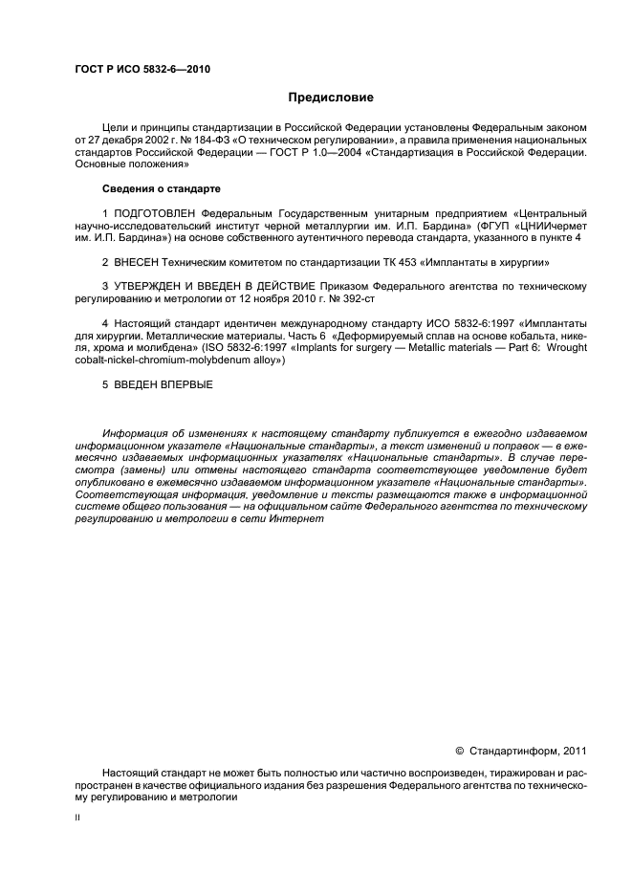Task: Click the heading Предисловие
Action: pyautogui.click(x=332, y=98)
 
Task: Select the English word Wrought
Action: pyautogui.click(x=568, y=348)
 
